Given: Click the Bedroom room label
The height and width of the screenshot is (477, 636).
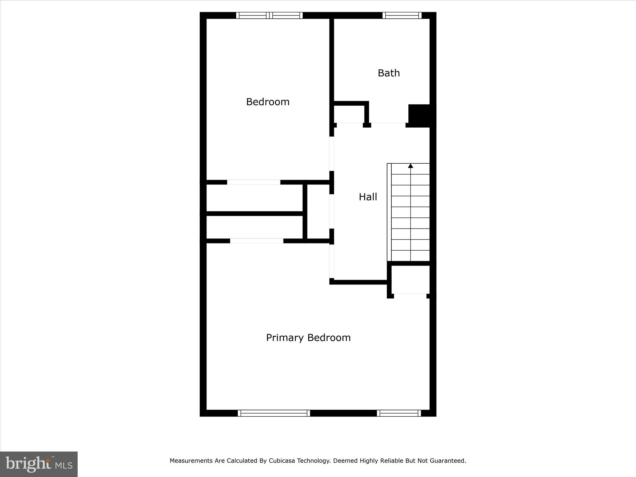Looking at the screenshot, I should tap(268, 102).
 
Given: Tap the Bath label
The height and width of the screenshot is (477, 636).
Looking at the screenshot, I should tap(388, 73).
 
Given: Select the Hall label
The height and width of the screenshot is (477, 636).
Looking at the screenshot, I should tap(368, 197).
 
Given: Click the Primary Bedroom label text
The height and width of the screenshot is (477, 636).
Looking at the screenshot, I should tap(308, 338).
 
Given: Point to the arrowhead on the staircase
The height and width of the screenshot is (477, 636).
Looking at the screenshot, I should tap(411, 166).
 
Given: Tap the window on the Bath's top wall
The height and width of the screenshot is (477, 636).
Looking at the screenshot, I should tap(402, 15).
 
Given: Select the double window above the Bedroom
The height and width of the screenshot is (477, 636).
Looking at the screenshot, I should tap(269, 15).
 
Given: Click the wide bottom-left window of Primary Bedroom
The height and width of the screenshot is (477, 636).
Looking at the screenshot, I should tap(274, 413).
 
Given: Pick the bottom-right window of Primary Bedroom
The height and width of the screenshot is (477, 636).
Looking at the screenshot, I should tap(399, 413).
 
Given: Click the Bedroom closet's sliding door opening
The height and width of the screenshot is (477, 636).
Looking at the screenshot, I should tap(253, 182).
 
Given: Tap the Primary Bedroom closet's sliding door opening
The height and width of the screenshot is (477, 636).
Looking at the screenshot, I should tap(257, 241).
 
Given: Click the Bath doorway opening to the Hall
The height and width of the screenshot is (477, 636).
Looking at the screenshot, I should tap(388, 125).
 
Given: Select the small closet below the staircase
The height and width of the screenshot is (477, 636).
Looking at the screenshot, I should tap(410, 279).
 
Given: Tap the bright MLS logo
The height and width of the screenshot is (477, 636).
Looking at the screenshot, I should tap(39, 464).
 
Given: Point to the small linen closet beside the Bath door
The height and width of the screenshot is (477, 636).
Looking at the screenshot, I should tap(349, 114).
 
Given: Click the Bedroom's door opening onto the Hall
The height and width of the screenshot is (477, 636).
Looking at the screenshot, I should tap(332, 153).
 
